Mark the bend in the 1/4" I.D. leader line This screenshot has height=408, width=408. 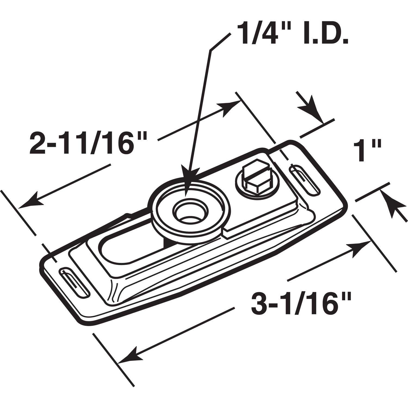[210, 50]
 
